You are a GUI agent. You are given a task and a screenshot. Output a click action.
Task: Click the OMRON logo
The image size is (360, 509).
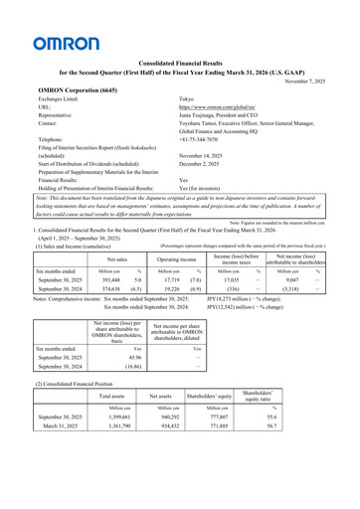[x=66, y=43]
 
